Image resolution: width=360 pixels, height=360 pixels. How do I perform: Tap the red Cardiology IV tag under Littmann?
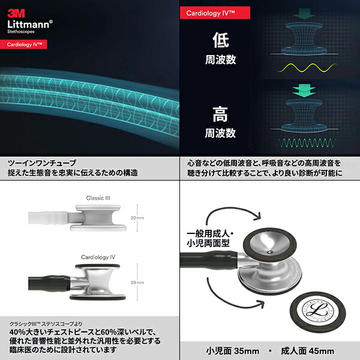[x=28, y=44]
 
